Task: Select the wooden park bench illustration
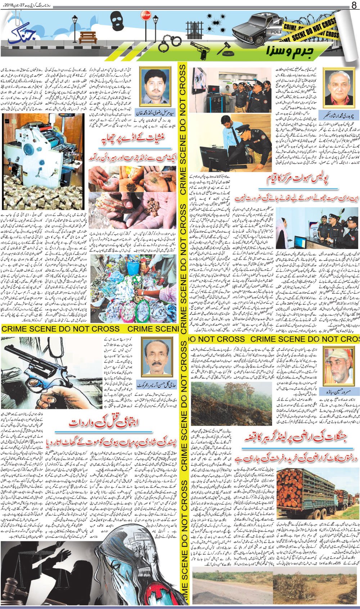point(87,37)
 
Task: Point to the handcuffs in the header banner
point(168,44)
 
